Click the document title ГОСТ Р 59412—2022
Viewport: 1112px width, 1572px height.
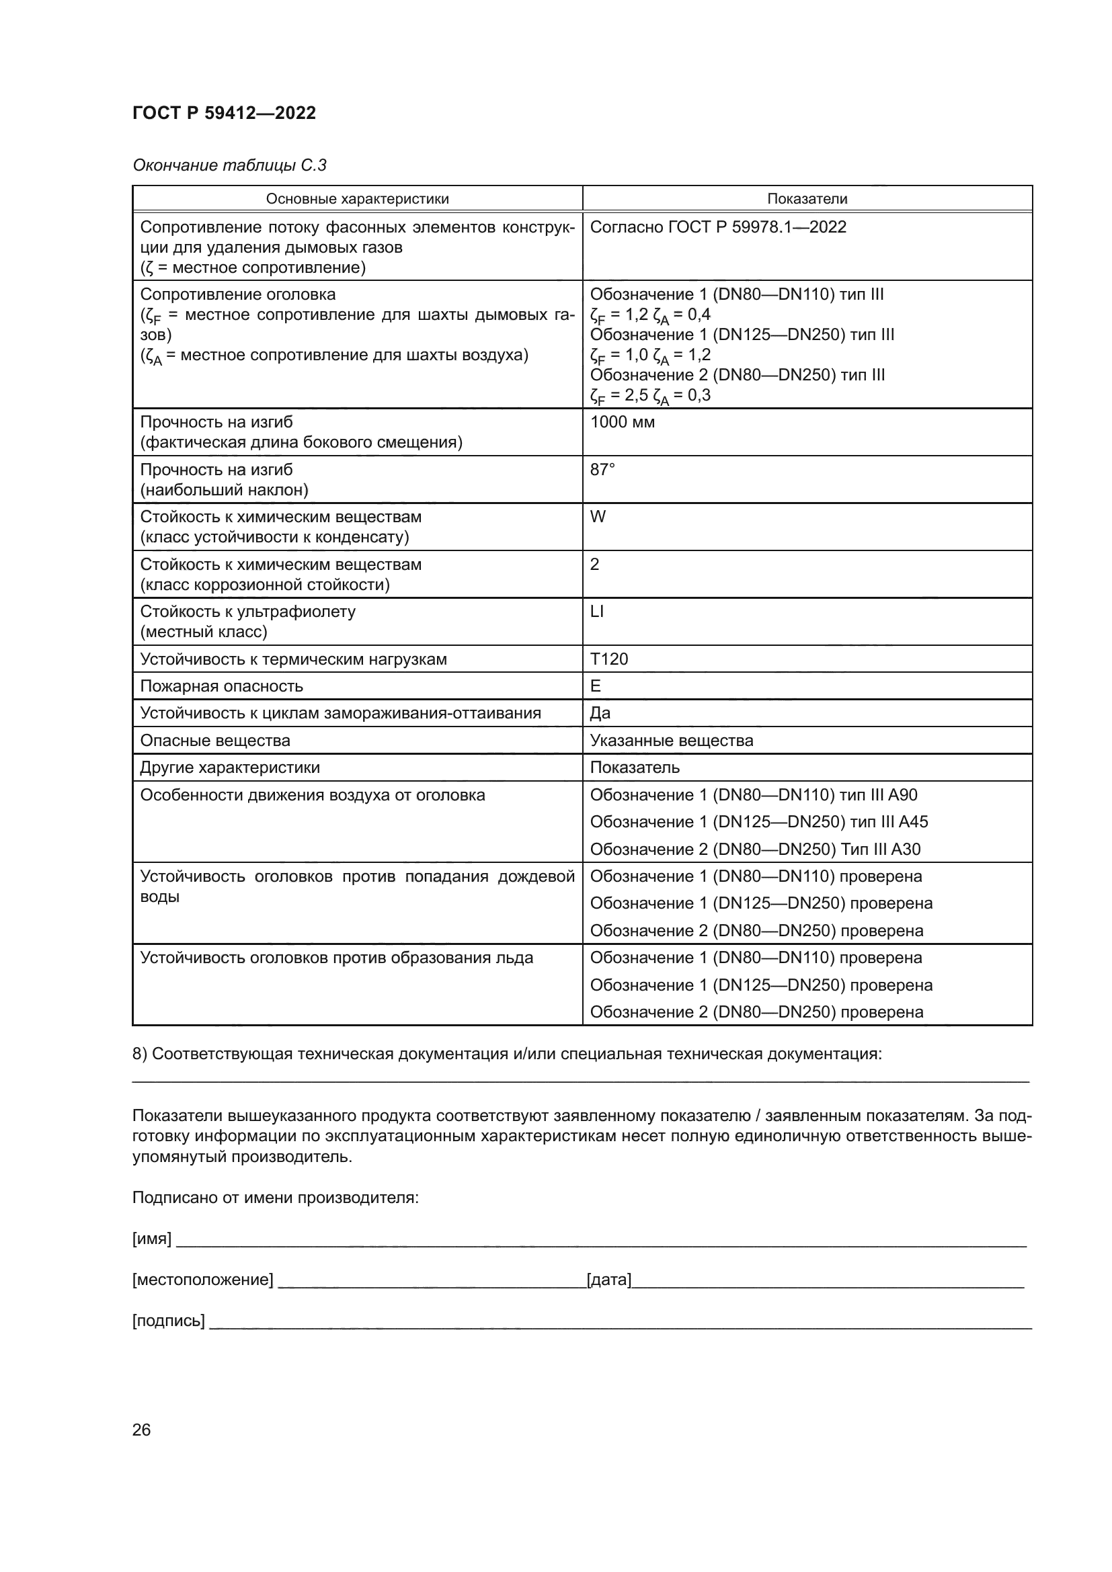pos(224,113)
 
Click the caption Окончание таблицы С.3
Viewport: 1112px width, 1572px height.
pos(229,165)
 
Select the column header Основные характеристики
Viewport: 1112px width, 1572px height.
pos(357,199)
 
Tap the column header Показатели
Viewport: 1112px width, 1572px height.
pos(807,199)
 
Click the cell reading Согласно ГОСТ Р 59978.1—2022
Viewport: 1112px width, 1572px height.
pos(717,227)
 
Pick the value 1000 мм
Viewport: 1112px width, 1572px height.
pos(622,423)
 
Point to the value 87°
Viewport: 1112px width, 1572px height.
pos(602,470)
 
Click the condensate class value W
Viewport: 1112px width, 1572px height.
pos(598,517)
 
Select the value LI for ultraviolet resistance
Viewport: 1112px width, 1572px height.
pos(597,612)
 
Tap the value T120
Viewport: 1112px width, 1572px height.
pos(608,659)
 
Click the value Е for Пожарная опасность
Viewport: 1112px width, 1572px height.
pos(596,686)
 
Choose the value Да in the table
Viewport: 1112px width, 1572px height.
pos(600,714)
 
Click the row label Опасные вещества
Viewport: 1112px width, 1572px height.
pos(215,741)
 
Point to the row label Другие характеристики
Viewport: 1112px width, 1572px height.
pos(229,768)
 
